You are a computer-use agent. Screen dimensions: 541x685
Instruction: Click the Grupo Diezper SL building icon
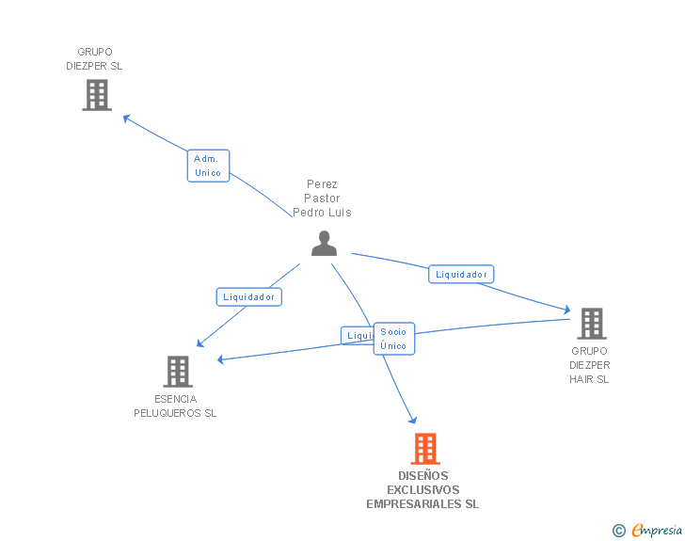(x=97, y=95)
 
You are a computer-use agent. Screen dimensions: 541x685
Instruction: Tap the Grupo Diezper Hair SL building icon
(x=591, y=324)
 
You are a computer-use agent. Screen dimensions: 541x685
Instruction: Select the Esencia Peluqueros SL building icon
(x=178, y=372)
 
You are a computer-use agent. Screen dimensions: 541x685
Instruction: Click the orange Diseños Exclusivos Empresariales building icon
(x=425, y=449)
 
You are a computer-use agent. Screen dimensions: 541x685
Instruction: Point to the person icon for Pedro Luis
(x=324, y=244)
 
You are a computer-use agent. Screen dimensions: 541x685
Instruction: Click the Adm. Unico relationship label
(x=208, y=166)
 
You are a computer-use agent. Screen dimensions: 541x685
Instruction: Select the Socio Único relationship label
(x=393, y=339)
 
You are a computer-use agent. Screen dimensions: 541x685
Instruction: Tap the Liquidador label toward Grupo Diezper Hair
(x=461, y=275)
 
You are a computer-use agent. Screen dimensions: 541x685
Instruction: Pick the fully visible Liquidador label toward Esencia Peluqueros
(x=249, y=296)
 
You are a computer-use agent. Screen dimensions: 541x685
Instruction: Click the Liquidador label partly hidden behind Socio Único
(x=357, y=335)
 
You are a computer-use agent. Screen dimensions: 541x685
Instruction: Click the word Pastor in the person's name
(x=322, y=199)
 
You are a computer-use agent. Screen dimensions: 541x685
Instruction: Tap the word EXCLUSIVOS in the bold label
(x=422, y=490)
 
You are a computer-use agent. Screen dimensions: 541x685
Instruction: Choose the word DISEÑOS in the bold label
(x=423, y=476)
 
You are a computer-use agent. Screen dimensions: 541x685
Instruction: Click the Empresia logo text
(x=657, y=531)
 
